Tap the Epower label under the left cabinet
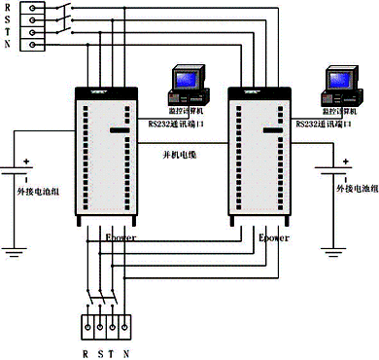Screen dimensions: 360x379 point(120,236)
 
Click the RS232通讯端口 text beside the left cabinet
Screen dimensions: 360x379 point(178,125)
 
